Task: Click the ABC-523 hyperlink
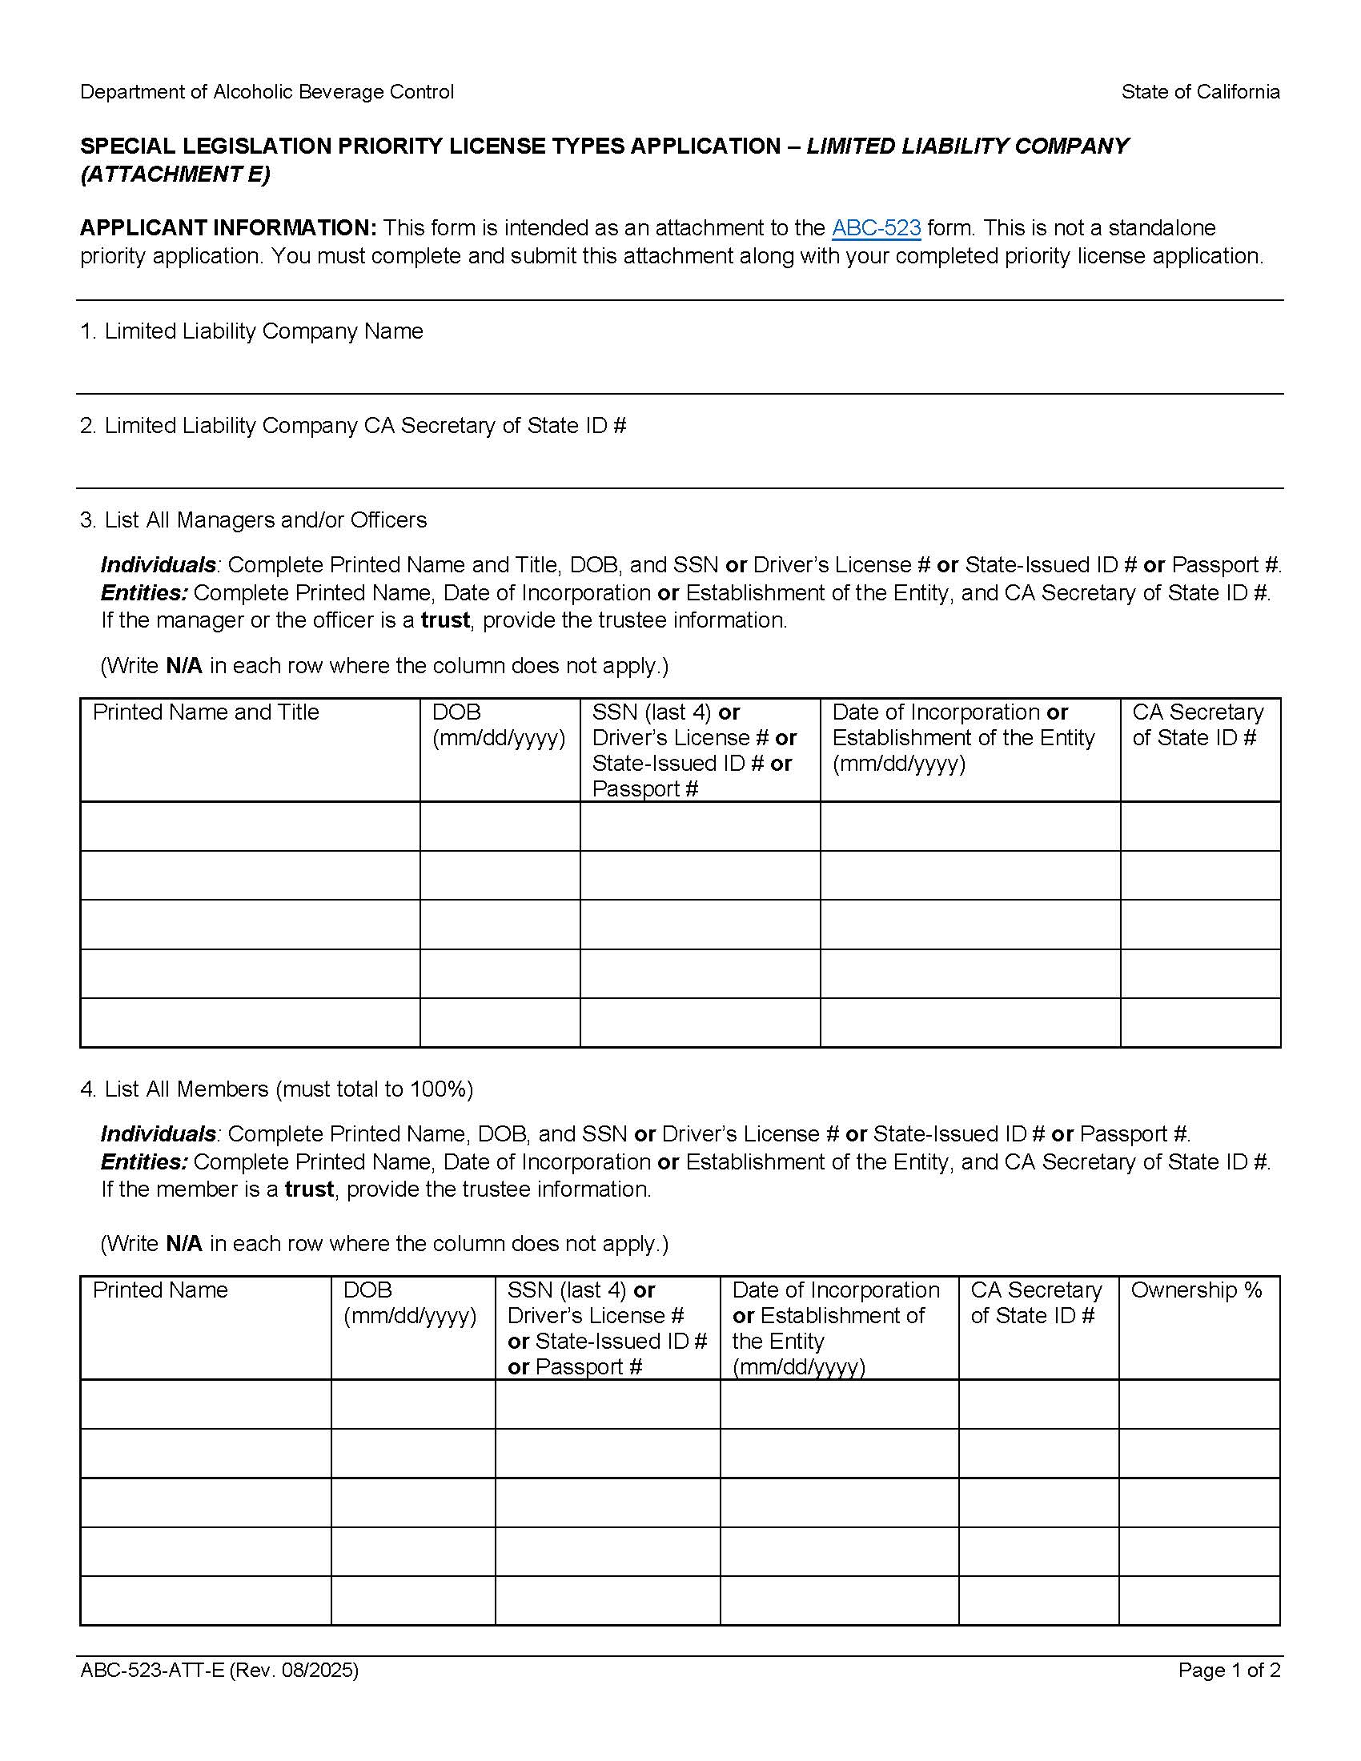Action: (x=876, y=228)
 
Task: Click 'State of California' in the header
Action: (x=1200, y=92)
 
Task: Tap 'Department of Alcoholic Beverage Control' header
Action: (x=267, y=92)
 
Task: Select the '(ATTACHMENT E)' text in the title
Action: (x=175, y=174)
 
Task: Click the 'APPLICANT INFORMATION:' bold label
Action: (x=228, y=228)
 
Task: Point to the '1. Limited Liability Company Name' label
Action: (x=251, y=331)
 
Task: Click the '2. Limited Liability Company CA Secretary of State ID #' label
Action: (x=353, y=426)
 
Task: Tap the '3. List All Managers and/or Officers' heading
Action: (x=253, y=520)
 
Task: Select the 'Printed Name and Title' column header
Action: (x=206, y=712)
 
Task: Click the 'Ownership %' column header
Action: (x=1196, y=1290)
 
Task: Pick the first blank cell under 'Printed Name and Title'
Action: (x=250, y=827)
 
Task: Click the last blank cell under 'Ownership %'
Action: (x=1199, y=1601)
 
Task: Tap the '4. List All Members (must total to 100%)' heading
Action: (x=276, y=1089)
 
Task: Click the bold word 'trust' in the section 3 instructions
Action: (x=445, y=620)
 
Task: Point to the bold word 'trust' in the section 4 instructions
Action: (x=309, y=1189)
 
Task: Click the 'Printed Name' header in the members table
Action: (x=160, y=1290)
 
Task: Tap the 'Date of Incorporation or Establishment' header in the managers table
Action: (x=963, y=738)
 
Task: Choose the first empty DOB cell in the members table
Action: (x=413, y=1404)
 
